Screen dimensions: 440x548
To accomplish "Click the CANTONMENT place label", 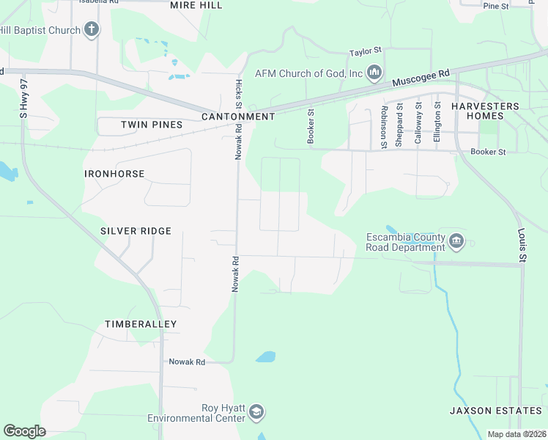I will click(238, 117).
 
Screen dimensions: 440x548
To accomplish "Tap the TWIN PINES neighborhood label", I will click(152, 125).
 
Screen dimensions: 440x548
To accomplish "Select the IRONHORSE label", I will click(114, 174).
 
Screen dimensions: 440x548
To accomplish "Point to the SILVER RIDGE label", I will click(136, 231).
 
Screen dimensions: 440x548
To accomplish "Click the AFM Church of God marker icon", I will click(374, 72).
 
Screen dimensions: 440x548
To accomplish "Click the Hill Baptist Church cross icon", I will click(91, 29).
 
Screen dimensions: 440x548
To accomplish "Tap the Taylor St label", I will click(366, 52).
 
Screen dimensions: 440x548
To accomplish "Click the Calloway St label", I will click(418, 124).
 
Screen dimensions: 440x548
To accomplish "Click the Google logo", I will click(25, 431).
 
